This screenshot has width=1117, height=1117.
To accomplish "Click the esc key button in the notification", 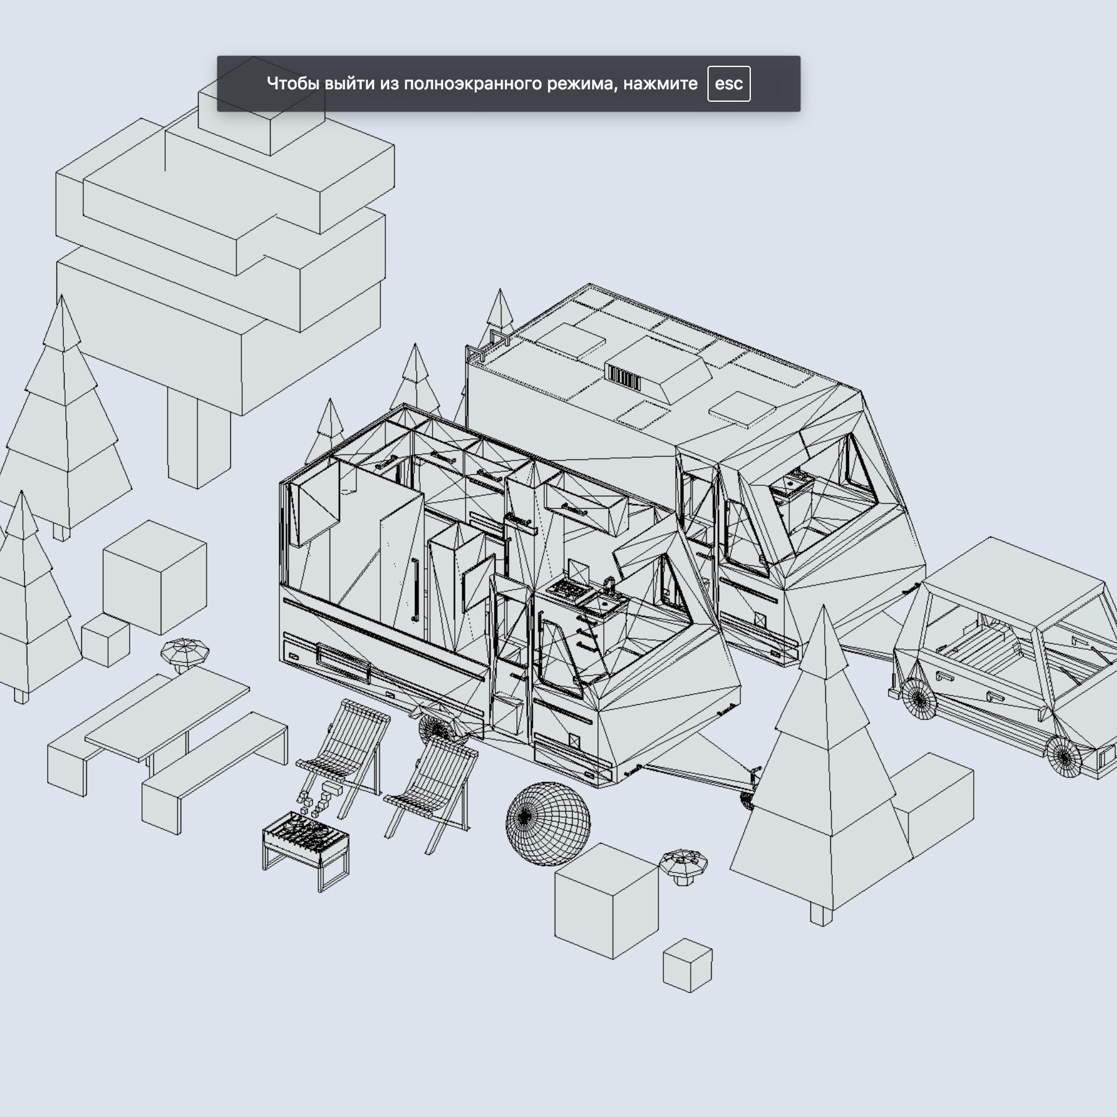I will pyautogui.click(x=729, y=84).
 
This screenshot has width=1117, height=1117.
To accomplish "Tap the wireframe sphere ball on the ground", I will pyautogui.click(x=548, y=824).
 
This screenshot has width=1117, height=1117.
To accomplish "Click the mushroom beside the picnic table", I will pyautogui.click(x=185, y=653).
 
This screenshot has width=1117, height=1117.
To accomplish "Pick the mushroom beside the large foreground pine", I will pyautogui.click(x=683, y=864).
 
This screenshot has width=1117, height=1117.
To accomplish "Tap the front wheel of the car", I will pyautogui.click(x=1064, y=756).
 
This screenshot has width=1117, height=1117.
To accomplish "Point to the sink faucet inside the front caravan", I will pyautogui.click(x=609, y=583).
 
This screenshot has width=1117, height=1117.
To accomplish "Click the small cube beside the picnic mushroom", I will pyautogui.click(x=105, y=640).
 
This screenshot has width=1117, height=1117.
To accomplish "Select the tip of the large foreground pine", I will pyautogui.click(x=823, y=611).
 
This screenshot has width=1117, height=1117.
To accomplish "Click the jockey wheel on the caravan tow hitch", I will pyautogui.click(x=747, y=801).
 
